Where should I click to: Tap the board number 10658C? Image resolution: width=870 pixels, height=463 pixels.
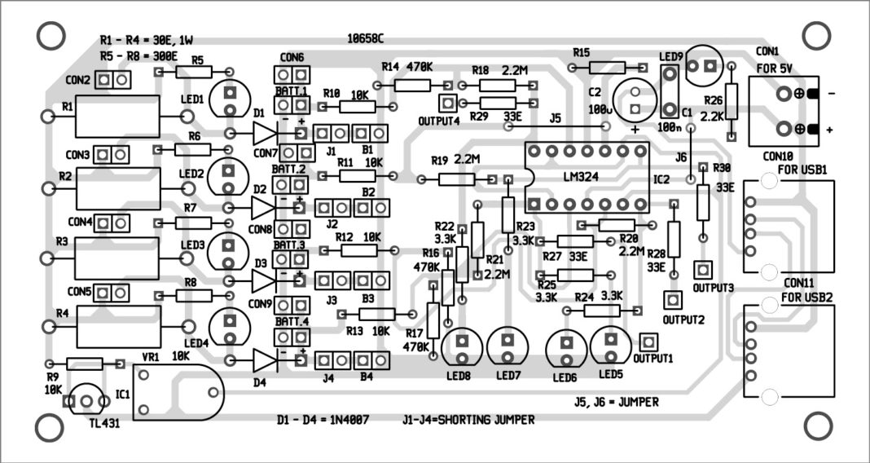364,38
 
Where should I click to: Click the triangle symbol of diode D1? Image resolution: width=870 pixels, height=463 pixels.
266,133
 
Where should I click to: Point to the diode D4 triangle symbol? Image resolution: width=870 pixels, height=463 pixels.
266,360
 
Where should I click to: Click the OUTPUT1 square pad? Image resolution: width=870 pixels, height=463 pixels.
648,342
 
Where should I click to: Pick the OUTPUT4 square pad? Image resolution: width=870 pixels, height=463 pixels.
446,104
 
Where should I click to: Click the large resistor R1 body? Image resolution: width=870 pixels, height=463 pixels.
117,117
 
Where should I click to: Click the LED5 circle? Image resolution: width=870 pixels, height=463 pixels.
609,346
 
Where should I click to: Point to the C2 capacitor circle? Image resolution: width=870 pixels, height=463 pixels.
634,97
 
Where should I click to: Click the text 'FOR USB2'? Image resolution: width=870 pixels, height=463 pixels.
806,298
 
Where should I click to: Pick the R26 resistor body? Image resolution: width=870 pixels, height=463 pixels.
731,101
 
